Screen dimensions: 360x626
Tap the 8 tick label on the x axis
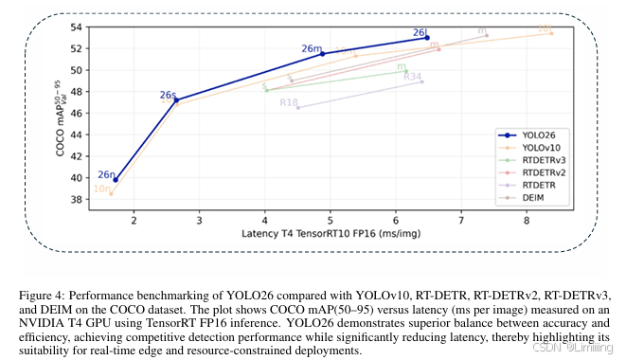(x=526, y=221)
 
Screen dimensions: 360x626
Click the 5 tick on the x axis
(x=330, y=221)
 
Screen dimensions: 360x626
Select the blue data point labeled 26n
(x=116, y=180)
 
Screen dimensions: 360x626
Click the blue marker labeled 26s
(x=176, y=100)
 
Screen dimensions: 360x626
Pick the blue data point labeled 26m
(x=322, y=54)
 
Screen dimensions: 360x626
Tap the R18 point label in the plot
(x=288, y=102)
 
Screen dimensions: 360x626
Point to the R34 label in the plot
(x=412, y=76)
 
